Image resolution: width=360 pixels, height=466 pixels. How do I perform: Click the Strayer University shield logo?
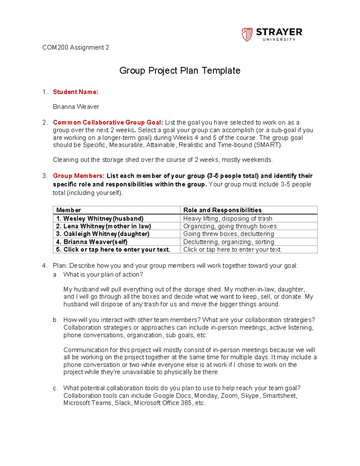click(247, 35)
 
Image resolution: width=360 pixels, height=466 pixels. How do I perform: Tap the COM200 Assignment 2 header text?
click(76, 47)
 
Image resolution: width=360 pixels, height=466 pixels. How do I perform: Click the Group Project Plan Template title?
click(180, 71)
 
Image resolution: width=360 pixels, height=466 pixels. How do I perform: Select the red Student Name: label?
click(76, 92)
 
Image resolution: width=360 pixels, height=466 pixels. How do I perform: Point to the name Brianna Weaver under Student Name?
click(76, 107)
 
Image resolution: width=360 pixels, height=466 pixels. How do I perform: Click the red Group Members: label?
click(79, 176)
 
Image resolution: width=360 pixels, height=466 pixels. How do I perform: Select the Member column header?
click(69, 210)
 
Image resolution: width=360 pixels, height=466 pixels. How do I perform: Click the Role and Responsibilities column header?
click(222, 210)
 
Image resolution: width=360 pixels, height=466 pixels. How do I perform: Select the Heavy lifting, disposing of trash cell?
click(228, 218)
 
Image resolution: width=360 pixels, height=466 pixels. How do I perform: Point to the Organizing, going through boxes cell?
click(230, 226)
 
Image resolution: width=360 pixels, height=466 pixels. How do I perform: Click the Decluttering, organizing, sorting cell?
click(229, 242)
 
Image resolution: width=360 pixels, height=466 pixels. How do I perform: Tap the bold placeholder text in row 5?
click(117, 250)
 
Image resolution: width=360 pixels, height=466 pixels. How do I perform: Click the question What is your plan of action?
click(103, 275)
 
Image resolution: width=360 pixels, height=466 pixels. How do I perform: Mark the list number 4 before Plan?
click(44, 266)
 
